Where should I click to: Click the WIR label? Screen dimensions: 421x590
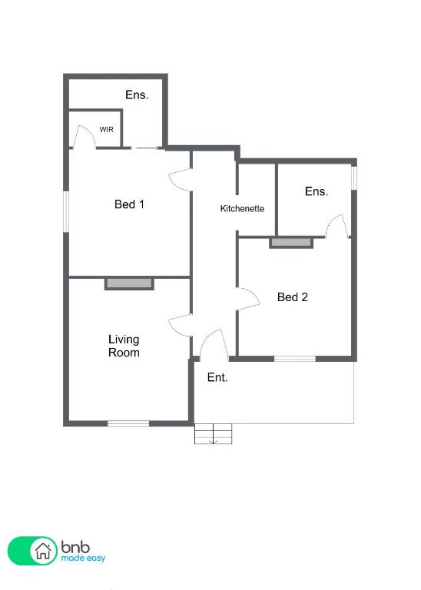[x=106, y=129]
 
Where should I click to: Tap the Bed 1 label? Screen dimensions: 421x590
[x=129, y=204]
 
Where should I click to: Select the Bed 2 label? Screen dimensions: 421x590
[x=293, y=297]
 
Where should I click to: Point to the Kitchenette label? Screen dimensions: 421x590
[x=242, y=208]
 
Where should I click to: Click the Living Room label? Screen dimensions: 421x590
[x=124, y=346]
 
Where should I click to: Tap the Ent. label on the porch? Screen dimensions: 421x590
[x=217, y=377]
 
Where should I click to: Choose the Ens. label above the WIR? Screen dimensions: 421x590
[x=137, y=94]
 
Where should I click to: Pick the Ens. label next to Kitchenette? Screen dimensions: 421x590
[x=317, y=191]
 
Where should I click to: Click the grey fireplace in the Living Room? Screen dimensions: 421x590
[x=129, y=284]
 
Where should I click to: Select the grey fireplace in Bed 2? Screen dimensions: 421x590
[x=291, y=243]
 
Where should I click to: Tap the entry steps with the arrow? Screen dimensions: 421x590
[x=214, y=434]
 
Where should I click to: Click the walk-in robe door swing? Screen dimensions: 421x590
[x=85, y=137]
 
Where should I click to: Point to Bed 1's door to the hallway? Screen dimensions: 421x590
[x=181, y=180]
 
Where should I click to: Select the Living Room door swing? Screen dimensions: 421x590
[x=181, y=324]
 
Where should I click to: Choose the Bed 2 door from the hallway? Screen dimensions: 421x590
[x=248, y=299]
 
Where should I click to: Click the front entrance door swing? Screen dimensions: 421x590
[x=214, y=343]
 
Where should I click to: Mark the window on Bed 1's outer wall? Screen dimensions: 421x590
[x=66, y=212]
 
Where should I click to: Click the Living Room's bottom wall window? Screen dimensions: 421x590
[x=128, y=424]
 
